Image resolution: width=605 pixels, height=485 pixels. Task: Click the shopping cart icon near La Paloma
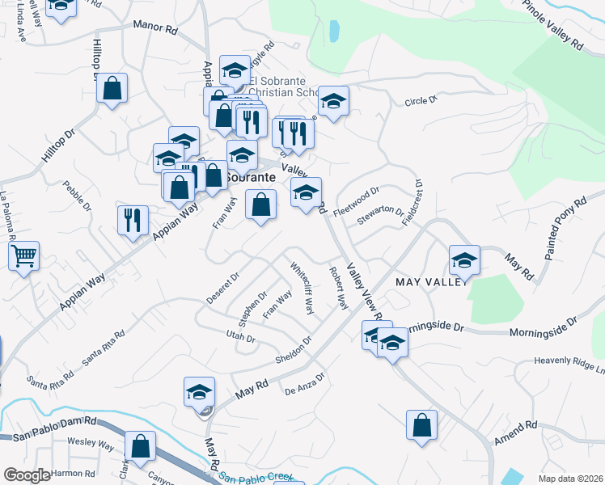(24, 257)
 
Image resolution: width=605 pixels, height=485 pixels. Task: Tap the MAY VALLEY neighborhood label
(433, 281)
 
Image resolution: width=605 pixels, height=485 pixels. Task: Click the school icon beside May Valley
(465, 259)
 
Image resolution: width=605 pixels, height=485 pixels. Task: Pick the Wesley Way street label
(91, 443)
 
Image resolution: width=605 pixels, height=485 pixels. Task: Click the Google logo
(27, 475)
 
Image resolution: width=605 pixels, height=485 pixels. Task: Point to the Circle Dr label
(421, 100)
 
